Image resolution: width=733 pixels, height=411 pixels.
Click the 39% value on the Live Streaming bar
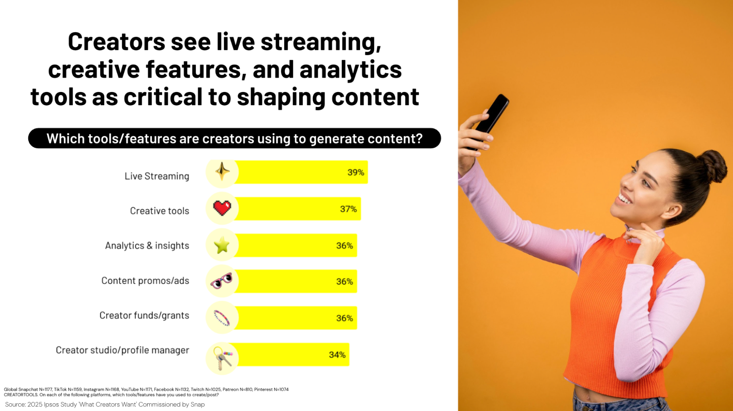pyautogui.click(x=355, y=172)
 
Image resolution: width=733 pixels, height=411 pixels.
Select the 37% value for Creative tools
pyautogui.click(x=348, y=209)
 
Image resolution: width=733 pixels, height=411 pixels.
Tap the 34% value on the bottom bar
pyautogui.click(x=337, y=355)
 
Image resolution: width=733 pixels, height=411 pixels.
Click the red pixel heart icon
pyautogui.click(x=222, y=208)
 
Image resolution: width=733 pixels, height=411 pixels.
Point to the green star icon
pyautogui.click(x=222, y=245)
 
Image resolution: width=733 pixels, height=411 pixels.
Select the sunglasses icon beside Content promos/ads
pyautogui.click(x=221, y=281)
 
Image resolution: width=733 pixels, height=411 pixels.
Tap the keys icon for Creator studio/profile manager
pyautogui.click(x=222, y=358)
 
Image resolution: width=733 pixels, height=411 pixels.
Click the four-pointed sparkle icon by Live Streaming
pyautogui.click(x=222, y=171)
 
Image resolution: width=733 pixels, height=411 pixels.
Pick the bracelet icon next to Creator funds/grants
pyautogui.click(x=221, y=318)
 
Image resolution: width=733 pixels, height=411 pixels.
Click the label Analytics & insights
pyautogui.click(x=147, y=245)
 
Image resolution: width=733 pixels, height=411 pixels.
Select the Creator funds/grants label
pyautogui.click(x=144, y=315)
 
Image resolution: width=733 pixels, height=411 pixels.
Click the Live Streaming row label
pyautogui.click(x=157, y=176)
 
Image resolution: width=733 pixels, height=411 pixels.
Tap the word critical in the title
pyautogui.click(x=163, y=97)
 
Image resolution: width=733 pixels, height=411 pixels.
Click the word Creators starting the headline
pyautogui.click(x=116, y=42)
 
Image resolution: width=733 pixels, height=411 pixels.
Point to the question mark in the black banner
pyautogui.click(x=419, y=139)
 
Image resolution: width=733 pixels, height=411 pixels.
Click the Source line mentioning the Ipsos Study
pyautogui.click(x=105, y=404)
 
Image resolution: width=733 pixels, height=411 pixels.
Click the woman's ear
pyautogui.click(x=674, y=212)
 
